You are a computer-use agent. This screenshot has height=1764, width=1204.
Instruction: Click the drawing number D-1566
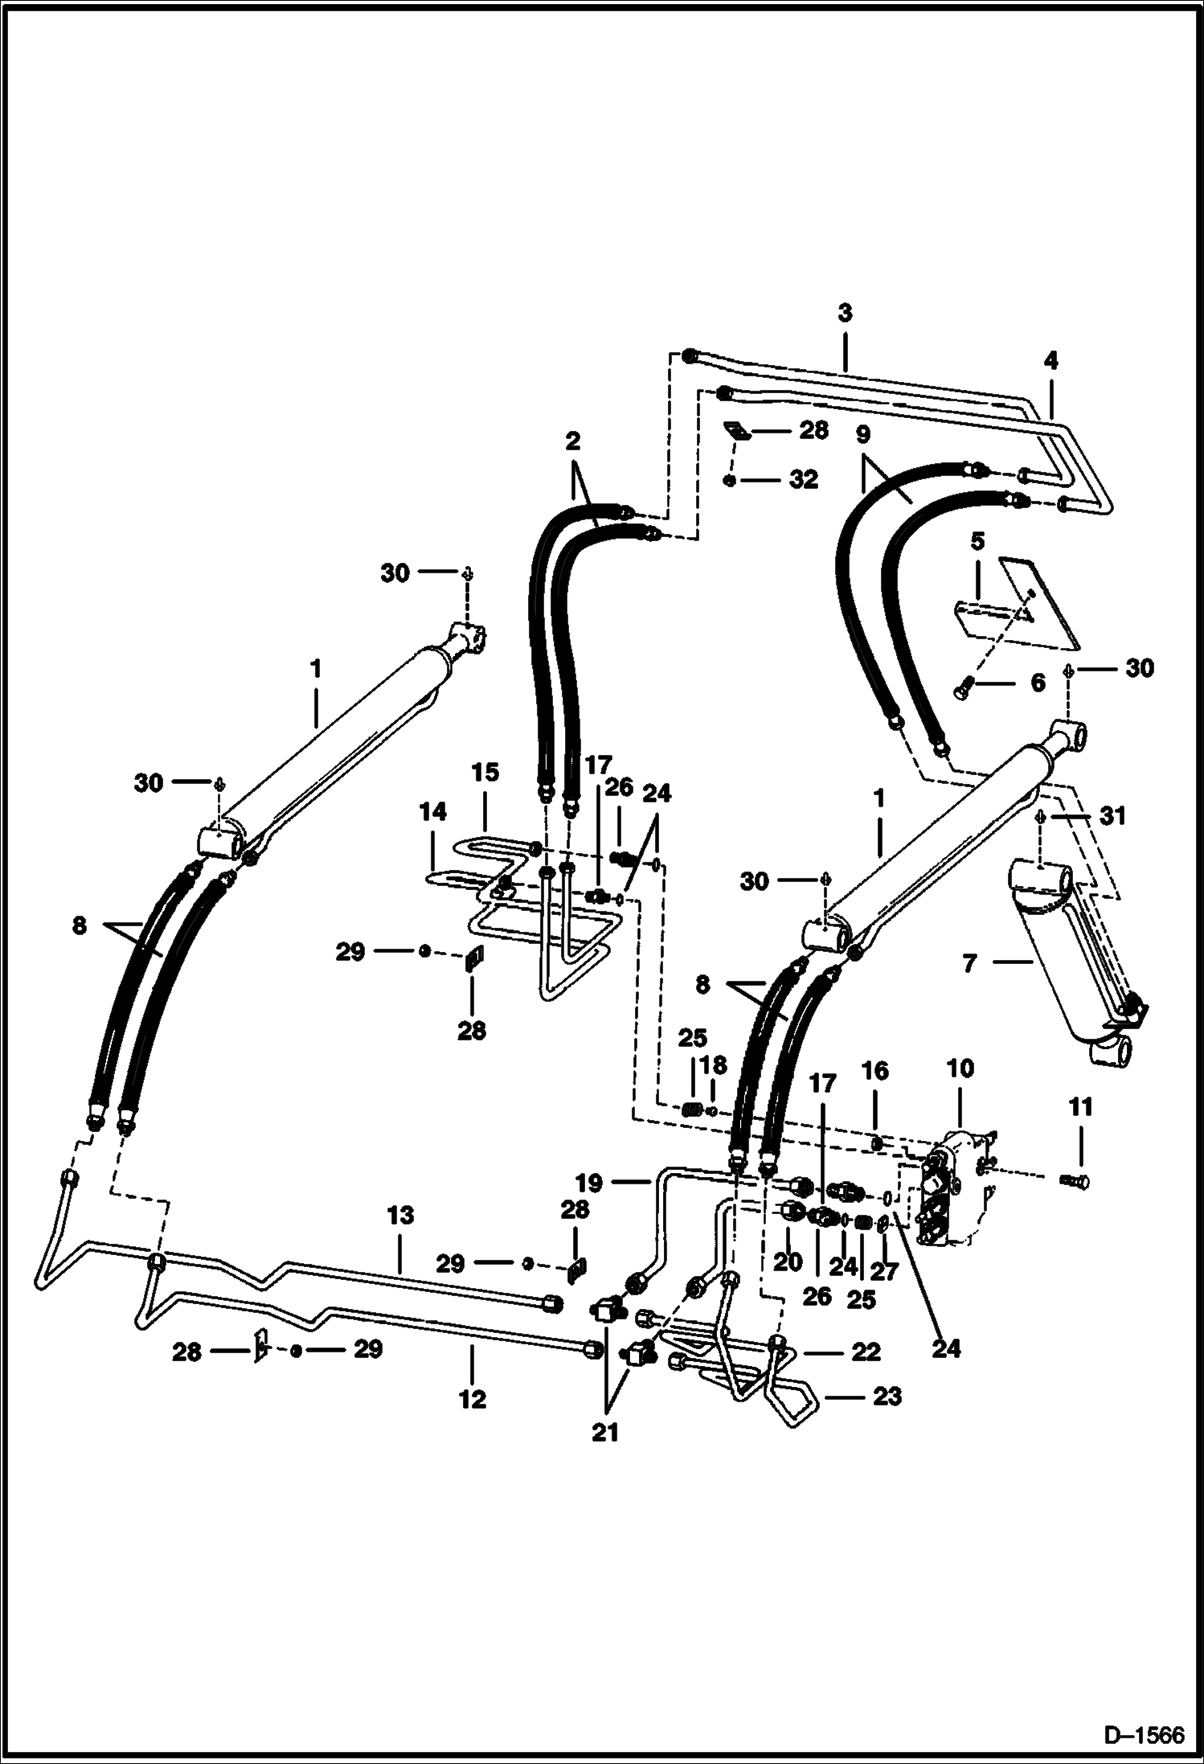click(x=1145, y=1736)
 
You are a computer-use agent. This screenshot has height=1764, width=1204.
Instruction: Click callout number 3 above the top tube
click(x=844, y=314)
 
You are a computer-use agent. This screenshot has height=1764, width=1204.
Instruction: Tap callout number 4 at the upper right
click(x=1050, y=361)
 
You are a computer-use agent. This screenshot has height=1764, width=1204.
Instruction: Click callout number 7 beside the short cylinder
click(x=970, y=962)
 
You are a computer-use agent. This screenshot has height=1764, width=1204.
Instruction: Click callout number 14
click(x=432, y=812)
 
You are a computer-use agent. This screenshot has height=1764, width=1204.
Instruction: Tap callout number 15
click(x=485, y=773)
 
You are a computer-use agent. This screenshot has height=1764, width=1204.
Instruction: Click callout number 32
click(x=803, y=480)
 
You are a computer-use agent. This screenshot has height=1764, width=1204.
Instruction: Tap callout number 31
click(x=1114, y=816)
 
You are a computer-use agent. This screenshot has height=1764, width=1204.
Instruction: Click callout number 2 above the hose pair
click(x=572, y=441)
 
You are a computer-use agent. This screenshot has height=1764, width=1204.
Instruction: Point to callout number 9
click(x=862, y=435)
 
